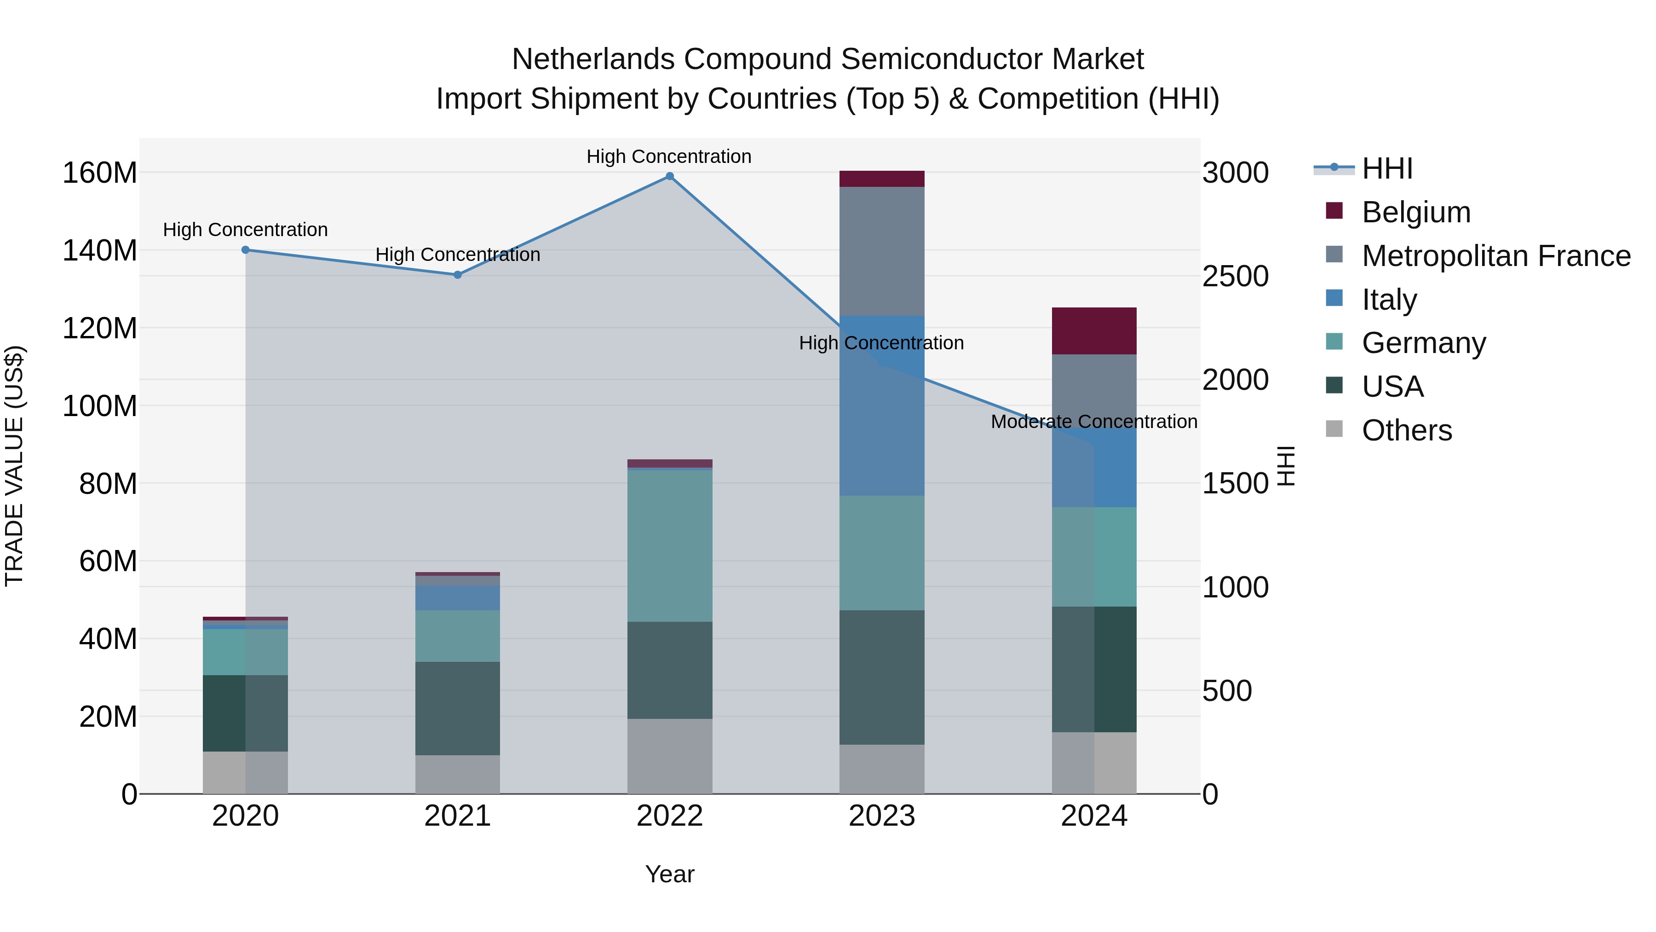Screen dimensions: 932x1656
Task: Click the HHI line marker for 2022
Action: (x=669, y=176)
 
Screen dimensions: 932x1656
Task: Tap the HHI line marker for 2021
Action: (x=458, y=275)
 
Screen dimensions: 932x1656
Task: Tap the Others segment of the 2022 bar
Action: (x=669, y=756)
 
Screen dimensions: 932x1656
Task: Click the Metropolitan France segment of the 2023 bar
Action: (x=881, y=251)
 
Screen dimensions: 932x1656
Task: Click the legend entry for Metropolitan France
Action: (x=1495, y=256)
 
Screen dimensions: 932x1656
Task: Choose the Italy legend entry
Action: (x=1389, y=300)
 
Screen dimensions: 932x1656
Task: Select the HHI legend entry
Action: (x=1386, y=168)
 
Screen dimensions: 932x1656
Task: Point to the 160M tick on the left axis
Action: (x=100, y=173)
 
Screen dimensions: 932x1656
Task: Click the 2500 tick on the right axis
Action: (x=1235, y=277)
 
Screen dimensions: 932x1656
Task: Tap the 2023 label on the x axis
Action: (x=881, y=816)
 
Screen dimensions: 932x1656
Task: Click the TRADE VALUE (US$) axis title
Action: (x=14, y=466)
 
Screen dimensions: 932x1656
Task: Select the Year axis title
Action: (x=669, y=874)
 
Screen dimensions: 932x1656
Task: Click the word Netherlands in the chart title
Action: (x=593, y=59)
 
